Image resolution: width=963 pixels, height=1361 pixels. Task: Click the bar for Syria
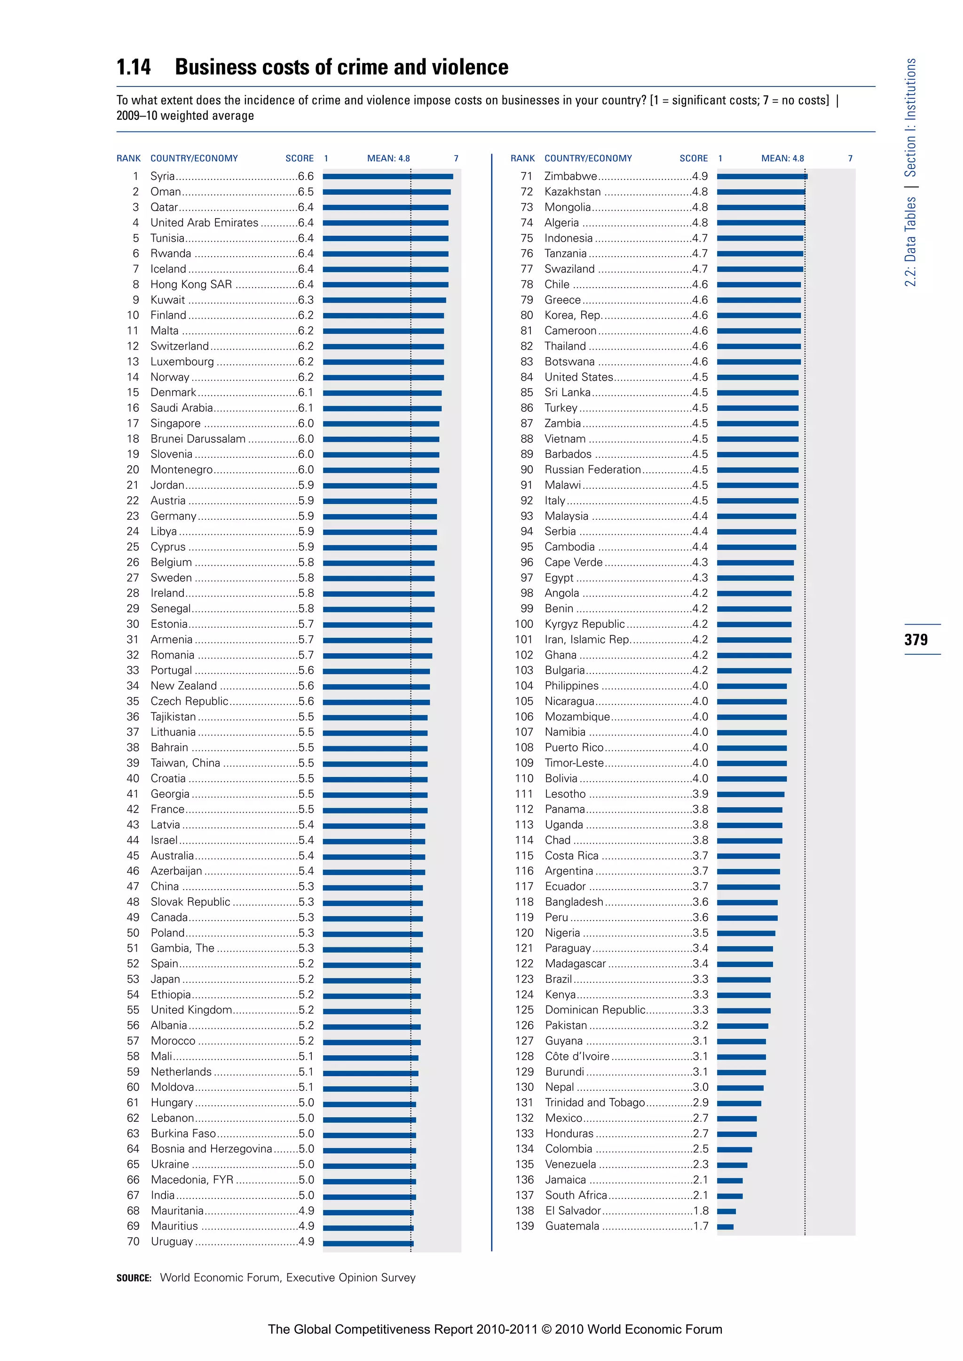[388, 176]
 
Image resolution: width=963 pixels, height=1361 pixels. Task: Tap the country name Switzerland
[179, 346]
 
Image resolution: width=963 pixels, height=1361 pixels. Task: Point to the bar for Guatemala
[725, 1227]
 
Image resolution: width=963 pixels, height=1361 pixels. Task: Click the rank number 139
[524, 1226]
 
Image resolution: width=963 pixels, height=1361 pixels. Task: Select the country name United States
[578, 377]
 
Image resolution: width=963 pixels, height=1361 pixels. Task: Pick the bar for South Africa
[729, 1196]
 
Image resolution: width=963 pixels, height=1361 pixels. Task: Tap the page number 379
[916, 640]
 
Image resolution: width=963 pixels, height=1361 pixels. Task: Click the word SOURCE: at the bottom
[134, 1278]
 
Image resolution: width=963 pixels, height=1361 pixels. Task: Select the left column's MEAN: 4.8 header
[388, 158]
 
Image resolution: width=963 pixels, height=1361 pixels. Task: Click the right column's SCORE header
[693, 158]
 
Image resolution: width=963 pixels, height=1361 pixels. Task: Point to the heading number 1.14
[134, 67]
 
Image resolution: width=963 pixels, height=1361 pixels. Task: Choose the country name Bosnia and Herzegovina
[211, 1149]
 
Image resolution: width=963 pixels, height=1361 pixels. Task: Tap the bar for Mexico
[736, 1119]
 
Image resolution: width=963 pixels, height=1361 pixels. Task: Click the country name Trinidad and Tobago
[594, 1103]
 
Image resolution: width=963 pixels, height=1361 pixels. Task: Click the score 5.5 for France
[306, 809]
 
